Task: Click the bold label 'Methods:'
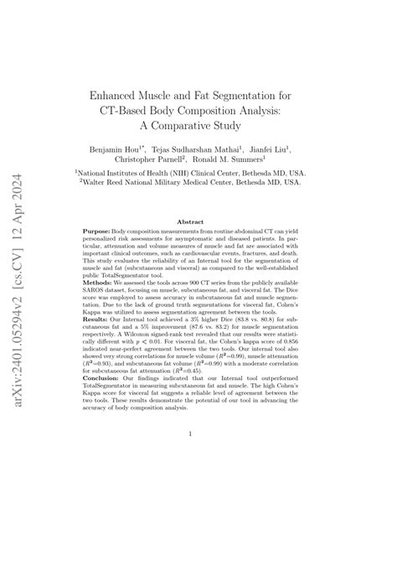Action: coord(100,305)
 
